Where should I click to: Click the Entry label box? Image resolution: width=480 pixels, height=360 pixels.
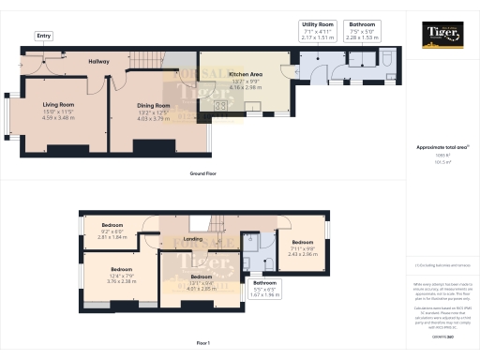(43, 36)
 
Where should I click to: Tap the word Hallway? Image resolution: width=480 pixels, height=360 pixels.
(99, 62)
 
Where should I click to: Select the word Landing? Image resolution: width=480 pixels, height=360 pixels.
(192, 240)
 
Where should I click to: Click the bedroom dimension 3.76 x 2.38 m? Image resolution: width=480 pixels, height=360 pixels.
(122, 279)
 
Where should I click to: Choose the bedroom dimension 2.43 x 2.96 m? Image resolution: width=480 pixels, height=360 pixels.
(302, 253)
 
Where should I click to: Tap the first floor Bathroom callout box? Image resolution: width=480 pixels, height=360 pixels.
(264, 288)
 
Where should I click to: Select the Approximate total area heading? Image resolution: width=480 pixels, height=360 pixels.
(441, 148)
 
